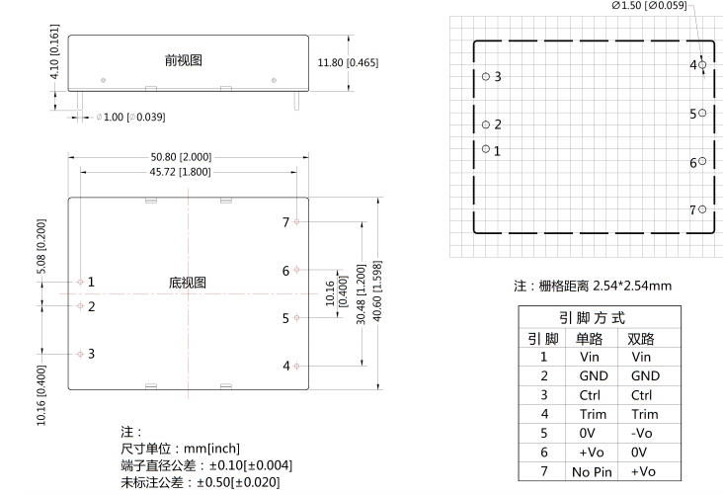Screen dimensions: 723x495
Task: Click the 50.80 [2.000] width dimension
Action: click(x=181, y=157)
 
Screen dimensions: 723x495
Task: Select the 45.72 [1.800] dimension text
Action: click(x=180, y=172)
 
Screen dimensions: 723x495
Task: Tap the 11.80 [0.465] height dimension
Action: click(x=348, y=62)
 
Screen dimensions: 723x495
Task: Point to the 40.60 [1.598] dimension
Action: click(x=377, y=291)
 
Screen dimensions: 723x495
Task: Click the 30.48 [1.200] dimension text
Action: click(x=361, y=294)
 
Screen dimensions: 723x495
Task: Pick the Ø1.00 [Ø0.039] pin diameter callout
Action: click(x=130, y=118)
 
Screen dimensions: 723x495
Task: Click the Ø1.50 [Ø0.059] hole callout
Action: click(x=649, y=6)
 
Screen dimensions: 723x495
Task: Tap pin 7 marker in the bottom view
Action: click(x=296, y=222)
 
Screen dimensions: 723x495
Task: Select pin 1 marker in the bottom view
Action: click(x=80, y=282)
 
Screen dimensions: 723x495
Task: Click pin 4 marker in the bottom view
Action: click(x=296, y=366)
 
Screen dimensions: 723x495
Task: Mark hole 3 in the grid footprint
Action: click(x=486, y=77)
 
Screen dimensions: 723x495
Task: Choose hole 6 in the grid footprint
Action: click(x=702, y=161)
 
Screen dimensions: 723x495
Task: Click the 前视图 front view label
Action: click(x=184, y=60)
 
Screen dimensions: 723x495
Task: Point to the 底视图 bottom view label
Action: click(x=188, y=283)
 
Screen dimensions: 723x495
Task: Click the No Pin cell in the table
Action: click(x=592, y=472)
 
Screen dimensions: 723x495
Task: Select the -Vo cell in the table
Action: click(x=641, y=433)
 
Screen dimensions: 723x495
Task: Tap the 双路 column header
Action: click(x=640, y=339)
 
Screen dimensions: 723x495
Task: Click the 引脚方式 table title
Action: click(x=592, y=318)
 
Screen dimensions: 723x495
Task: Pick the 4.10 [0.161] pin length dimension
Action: click(x=54, y=51)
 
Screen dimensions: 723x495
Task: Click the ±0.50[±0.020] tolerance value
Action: click(x=238, y=482)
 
